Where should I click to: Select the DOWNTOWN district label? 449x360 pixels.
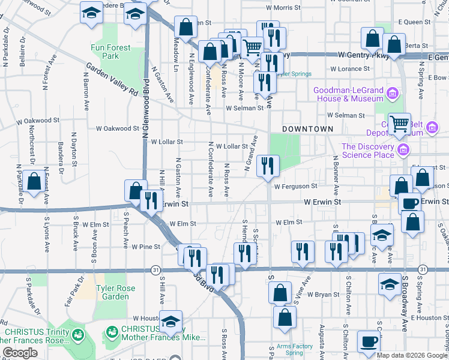(307, 129)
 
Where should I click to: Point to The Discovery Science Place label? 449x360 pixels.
(368, 150)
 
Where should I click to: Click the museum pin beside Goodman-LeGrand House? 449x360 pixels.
(392, 93)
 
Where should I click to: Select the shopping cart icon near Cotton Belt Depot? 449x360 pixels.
(398, 124)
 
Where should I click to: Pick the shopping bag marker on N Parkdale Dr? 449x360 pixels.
(34, 181)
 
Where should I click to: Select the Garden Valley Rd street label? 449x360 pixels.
(112, 79)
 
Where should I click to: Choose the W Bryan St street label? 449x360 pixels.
(323, 295)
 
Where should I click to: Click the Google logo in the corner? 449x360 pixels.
(20, 353)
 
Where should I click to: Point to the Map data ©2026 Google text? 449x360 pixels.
(411, 355)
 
